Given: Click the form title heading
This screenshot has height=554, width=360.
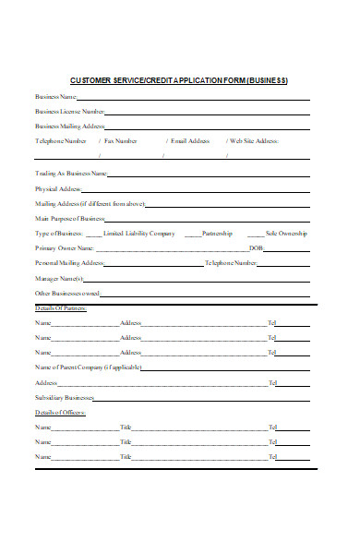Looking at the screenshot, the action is pos(179,79).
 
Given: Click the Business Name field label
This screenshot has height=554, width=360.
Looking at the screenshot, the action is pos(55,96).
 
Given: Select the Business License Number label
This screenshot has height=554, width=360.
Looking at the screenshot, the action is pos(69,111).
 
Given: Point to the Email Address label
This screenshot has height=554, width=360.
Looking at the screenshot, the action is pos(191,141).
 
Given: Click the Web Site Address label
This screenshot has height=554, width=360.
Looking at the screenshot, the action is pos(254,141).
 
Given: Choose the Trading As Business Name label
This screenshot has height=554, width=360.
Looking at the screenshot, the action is pos(71,173).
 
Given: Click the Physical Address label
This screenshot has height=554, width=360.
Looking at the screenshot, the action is pos(59,187).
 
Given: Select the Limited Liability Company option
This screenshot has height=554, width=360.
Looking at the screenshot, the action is pos(138,234).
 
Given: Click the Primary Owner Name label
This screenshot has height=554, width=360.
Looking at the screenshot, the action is pos(65,248).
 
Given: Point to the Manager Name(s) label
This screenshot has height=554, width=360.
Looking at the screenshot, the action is pos(60,278).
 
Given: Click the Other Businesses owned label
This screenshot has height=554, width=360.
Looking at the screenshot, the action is pos(66,293).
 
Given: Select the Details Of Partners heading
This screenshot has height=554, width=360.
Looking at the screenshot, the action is pos(61,307).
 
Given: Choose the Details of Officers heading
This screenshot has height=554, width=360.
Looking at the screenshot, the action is pos(60,412).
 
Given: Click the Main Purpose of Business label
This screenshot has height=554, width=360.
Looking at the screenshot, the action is pos(69,218).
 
